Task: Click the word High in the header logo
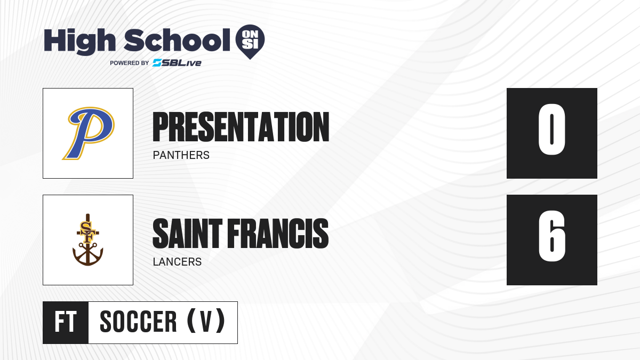(79, 42)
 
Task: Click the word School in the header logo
(177, 41)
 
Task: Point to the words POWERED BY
(130, 63)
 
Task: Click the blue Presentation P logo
(89, 133)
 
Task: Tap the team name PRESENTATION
(241, 127)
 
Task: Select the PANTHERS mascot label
(181, 155)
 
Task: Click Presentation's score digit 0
(551, 130)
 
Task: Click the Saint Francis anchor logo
(87, 239)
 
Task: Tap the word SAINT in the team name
(187, 234)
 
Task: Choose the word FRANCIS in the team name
(278, 234)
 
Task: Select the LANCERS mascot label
(177, 262)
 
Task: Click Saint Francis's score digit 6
(551, 236)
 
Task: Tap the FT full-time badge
(66, 322)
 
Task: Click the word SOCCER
(138, 322)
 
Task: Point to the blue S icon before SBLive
(157, 63)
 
